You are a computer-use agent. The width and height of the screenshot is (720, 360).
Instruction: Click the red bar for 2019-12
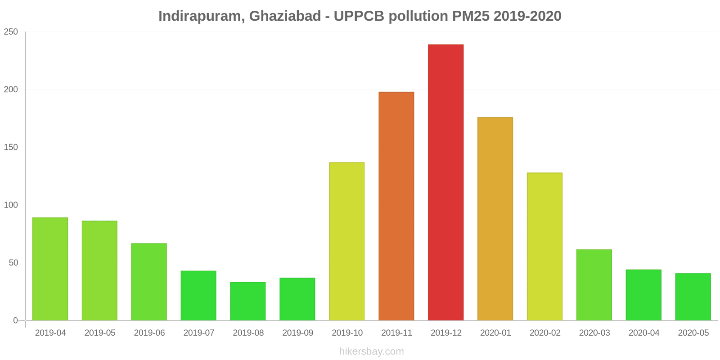tap(445, 182)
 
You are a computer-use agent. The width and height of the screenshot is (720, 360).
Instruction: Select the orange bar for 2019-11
tap(396, 206)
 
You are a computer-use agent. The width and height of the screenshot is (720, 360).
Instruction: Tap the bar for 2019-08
tap(248, 301)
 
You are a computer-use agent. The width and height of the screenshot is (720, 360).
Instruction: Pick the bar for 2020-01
tap(495, 219)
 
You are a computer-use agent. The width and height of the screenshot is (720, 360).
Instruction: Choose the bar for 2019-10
tap(346, 241)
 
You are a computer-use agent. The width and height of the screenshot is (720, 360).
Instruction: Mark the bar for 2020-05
tap(693, 297)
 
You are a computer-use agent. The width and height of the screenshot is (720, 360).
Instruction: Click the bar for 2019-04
tap(50, 269)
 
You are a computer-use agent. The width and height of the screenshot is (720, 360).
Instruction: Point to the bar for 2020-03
tap(594, 285)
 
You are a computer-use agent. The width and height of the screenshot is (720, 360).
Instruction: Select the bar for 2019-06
tap(149, 282)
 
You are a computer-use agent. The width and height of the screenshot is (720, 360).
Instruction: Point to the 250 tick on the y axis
tap(11, 32)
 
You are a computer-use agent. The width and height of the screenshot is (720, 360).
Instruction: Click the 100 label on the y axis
tap(11, 205)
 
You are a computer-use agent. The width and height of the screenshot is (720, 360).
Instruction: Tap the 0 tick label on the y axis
tap(15, 320)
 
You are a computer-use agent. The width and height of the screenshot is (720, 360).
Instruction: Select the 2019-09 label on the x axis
tap(297, 333)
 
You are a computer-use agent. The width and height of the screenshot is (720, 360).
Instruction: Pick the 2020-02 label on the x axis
tap(545, 333)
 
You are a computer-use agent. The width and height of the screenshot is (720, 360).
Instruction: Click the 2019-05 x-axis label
tap(100, 333)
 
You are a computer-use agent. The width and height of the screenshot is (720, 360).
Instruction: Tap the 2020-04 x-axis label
tap(644, 333)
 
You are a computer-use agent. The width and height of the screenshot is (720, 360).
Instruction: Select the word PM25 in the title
tap(471, 16)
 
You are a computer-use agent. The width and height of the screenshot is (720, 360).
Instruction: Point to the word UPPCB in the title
tap(359, 16)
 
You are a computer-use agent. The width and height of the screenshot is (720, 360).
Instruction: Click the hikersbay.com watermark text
tap(371, 351)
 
